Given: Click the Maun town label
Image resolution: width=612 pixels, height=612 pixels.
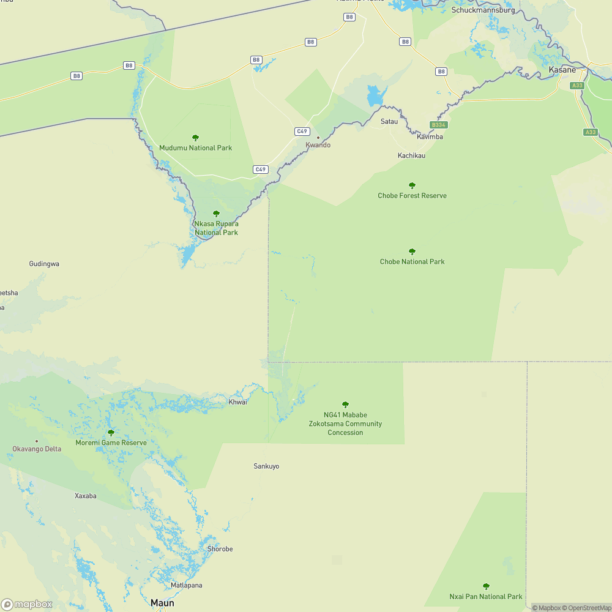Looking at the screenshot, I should (x=162, y=603).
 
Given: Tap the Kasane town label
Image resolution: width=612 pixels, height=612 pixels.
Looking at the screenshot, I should (x=562, y=70).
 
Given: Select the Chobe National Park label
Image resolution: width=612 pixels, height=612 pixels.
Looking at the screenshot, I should (x=412, y=262).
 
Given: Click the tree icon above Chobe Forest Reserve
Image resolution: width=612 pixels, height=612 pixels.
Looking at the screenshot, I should (x=412, y=185).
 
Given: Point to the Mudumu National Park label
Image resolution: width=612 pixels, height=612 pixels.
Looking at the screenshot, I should (x=195, y=148).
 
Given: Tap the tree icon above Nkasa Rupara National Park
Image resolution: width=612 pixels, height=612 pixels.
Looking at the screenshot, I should (x=216, y=214).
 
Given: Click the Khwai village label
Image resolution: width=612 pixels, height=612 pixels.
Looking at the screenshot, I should (x=237, y=402).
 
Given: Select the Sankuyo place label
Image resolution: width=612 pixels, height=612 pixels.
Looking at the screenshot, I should (x=266, y=466).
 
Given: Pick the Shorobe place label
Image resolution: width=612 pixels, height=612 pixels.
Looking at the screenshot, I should (x=220, y=549).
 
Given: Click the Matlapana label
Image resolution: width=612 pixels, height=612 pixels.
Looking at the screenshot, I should (x=186, y=585).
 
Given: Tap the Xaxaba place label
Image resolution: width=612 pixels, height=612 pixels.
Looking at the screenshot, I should (x=86, y=496).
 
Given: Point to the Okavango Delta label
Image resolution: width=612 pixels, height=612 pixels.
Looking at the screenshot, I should (x=37, y=449).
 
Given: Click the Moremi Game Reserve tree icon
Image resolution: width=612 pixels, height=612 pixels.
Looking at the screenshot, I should (x=111, y=433).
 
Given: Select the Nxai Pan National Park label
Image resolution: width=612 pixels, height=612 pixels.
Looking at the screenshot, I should (x=486, y=597).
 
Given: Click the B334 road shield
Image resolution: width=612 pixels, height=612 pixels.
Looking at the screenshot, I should (x=438, y=125).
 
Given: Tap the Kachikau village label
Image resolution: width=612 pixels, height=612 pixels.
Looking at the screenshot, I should (x=411, y=155).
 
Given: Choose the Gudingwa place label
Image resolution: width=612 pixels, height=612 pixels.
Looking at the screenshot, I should (x=44, y=264).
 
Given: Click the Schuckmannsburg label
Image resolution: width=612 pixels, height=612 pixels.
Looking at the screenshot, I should (x=483, y=10).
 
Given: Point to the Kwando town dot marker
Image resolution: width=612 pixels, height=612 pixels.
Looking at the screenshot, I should (x=318, y=137).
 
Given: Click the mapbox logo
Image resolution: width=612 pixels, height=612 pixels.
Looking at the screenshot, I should (x=26, y=604).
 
